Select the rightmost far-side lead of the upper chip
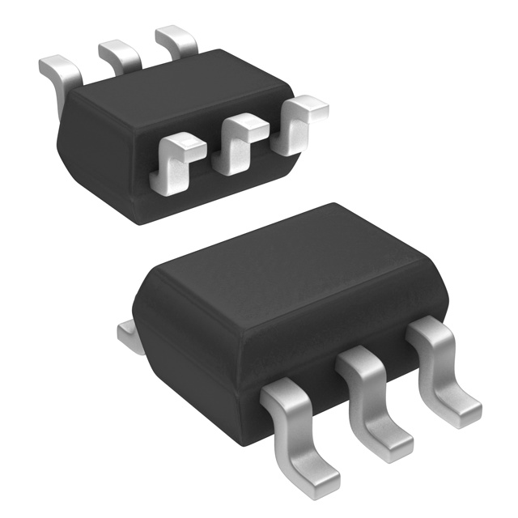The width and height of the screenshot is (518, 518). tap(176, 40)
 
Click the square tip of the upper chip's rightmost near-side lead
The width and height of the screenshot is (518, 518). tap(308, 106)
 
